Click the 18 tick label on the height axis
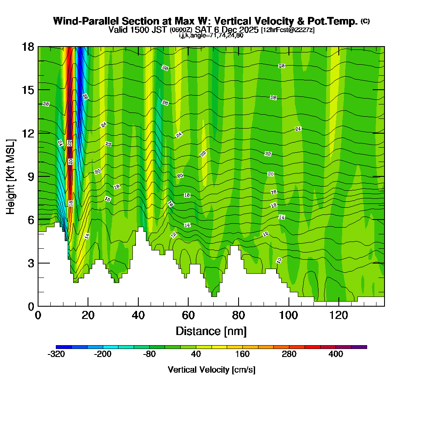pyautogui.click(x=27, y=47)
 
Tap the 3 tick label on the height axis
pyautogui.click(x=30, y=263)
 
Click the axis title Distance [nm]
pyautogui.click(x=211, y=331)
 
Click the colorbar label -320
pyautogui.click(x=56, y=354)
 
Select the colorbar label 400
pyautogui.click(x=336, y=354)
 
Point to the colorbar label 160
pyautogui.click(x=242, y=354)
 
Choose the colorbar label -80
pyautogui.click(x=149, y=354)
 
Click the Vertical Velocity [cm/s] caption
pyautogui.click(x=211, y=370)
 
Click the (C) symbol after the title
pyautogui.click(x=365, y=21)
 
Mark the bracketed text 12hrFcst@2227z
pyautogui.click(x=288, y=30)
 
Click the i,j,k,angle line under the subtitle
pyautogui.click(x=211, y=36)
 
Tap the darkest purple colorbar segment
pyautogui.click(x=359, y=347)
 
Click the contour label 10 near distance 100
pyautogui.click(x=279, y=260)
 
